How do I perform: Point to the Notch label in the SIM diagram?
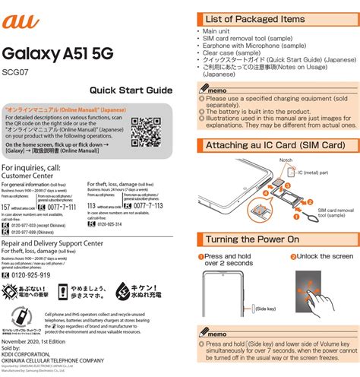pos(286,160)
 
